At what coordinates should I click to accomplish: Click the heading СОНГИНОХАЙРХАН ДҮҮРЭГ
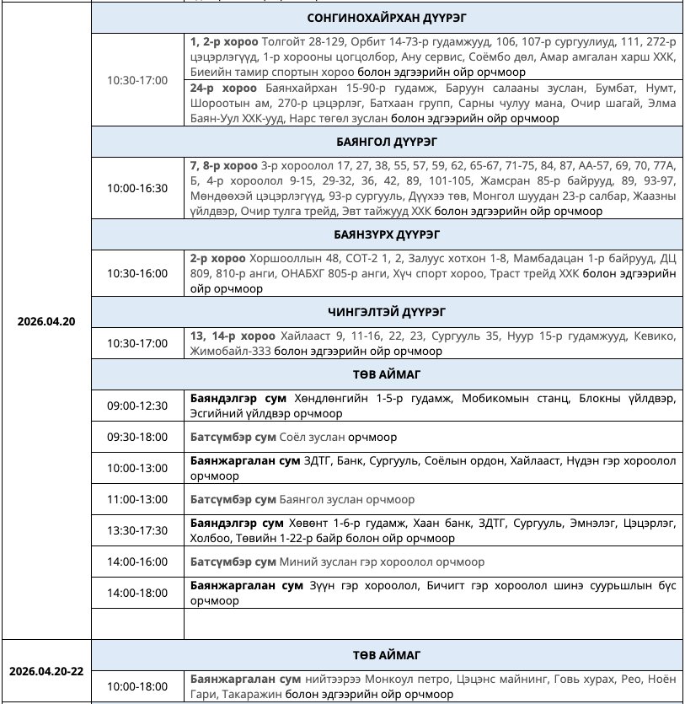click(x=388, y=17)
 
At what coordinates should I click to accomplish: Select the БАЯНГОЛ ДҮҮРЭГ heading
click(x=388, y=141)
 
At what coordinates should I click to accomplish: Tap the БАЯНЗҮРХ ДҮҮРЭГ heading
click(x=388, y=234)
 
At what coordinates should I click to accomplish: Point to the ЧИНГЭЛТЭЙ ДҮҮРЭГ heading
click(x=388, y=310)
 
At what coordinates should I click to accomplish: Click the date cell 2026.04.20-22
click(x=46, y=672)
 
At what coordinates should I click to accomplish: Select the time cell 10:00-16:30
click(x=137, y=188)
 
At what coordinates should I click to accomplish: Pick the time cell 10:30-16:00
click(x=137, y=273)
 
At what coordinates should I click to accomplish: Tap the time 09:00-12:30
click(x=137, y=406)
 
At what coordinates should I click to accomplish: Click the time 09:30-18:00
click(x=137, y=438)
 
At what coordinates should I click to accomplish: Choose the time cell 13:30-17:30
click(x=137, y=530)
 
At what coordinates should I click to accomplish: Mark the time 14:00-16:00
click(x=137, y=562)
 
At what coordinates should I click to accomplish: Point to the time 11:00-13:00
click(x=137, y=499)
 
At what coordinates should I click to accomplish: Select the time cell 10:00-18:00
click(x=137, y=686)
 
